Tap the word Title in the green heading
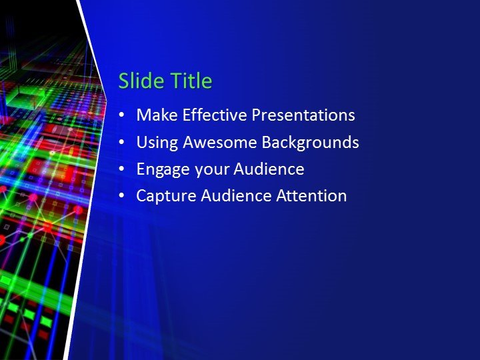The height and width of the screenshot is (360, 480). click(x=190, y=81)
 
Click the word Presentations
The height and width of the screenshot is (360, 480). click(x=303, y=115)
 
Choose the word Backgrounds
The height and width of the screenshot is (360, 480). click(x=310, y=143)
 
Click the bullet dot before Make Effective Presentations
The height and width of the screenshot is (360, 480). click(x=121, y=116)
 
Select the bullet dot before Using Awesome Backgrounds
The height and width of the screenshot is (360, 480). click(x=121, y=143)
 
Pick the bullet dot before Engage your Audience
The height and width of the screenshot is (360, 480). click(x=121, y=170)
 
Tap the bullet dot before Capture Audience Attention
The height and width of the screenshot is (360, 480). click(x=121, y=197)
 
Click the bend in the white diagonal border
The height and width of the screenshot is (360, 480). click(x=107, y=90)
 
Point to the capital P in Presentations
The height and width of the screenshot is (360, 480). click(x=256, y=115)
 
